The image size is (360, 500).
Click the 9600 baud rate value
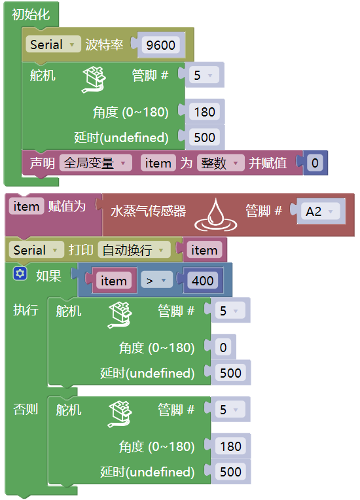(x=161, y=45)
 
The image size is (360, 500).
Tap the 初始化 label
(x=31, y=14)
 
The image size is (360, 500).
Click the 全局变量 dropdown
(x=96, y=163)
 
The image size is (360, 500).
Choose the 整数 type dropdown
(x=221, y=163)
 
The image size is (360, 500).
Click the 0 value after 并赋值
(x=315, y=163)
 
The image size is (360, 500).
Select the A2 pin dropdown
(x=321, y=211)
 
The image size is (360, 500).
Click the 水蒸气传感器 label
(x=149, y=211)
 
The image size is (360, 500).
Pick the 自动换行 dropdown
(x=134, y=250)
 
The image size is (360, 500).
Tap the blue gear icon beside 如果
(x=20, y=274)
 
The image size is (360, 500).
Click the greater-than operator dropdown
(x=156, y=281)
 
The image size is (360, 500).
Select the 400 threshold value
(x=202, y=281)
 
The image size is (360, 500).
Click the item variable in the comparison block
(x=113, y=281)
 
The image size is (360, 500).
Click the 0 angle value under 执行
(x=223, y=348)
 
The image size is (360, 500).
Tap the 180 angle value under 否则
(x=231, y=446)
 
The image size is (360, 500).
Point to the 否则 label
(x=26, y=409)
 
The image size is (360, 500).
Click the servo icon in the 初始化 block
(x=94, y=80)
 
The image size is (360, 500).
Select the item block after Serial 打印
(x=204, y=250)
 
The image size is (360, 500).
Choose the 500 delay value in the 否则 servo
(x=231, y=472)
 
